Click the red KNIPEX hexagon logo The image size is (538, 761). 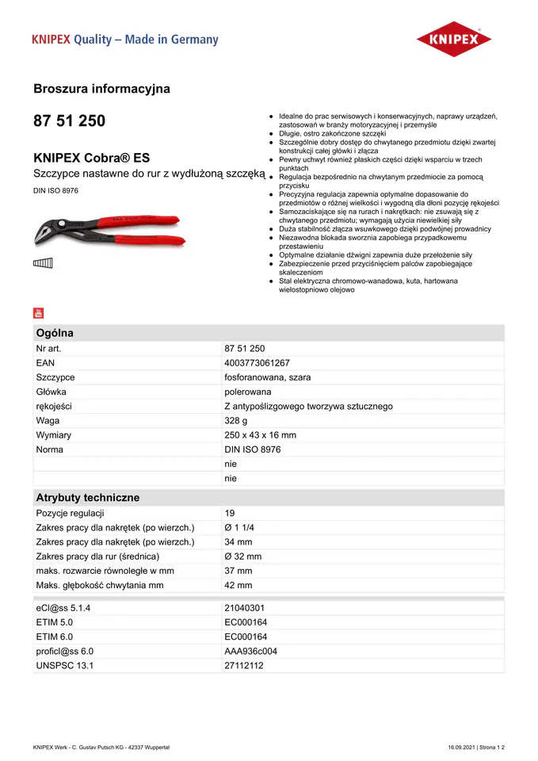(454, 39)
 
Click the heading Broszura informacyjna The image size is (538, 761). (101, 89)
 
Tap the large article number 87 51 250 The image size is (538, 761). (69, 121)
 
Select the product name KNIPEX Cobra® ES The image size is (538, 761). (91, 158)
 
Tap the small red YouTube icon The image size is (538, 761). (38, 312)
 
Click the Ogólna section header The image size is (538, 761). (55, 333)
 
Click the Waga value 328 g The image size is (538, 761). (236, 421)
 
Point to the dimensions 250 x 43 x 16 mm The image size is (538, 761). (260, 435)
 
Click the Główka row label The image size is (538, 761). (52, 392)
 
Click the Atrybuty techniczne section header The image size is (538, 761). (87, 498)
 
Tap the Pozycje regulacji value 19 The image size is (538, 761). (230, 514)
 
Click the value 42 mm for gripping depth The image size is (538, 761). (238, 585)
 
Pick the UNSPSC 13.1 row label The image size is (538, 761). (65, 666)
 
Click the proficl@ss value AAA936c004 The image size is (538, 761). (251, 652)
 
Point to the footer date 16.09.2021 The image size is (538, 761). (464, 748)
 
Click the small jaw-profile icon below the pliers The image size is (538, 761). (43, 264)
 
